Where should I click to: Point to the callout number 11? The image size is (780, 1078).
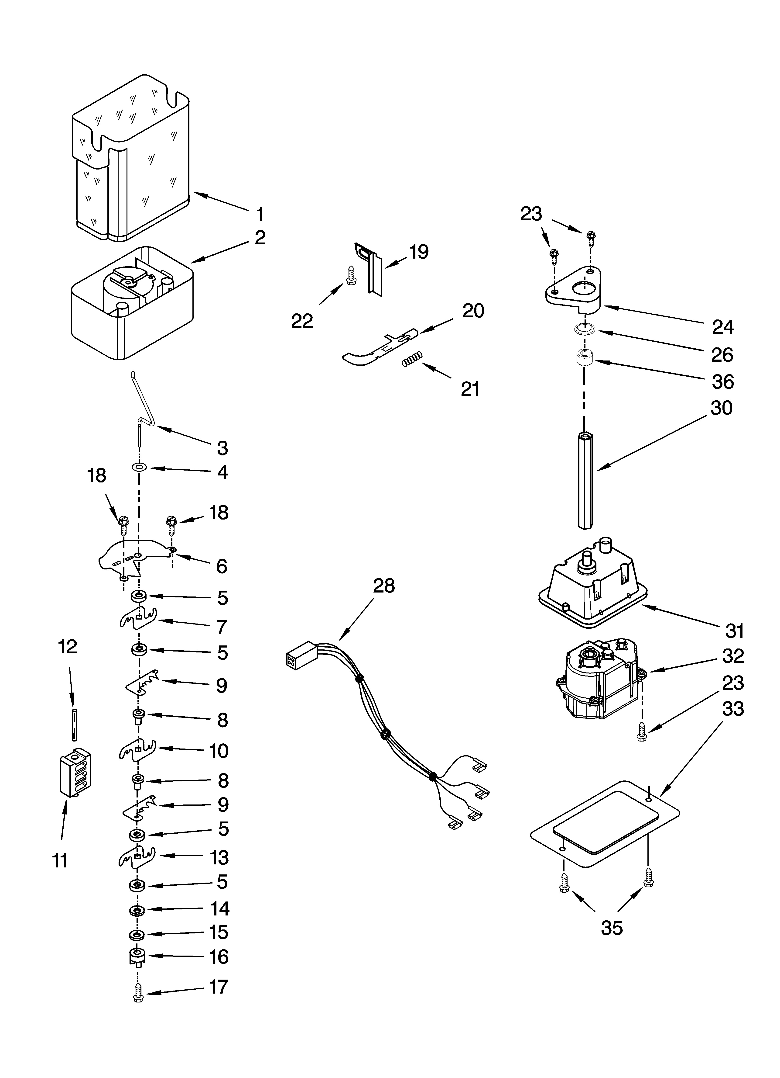click(x=60, y=860)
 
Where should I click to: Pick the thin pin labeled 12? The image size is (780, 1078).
click(x=74, y=724)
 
